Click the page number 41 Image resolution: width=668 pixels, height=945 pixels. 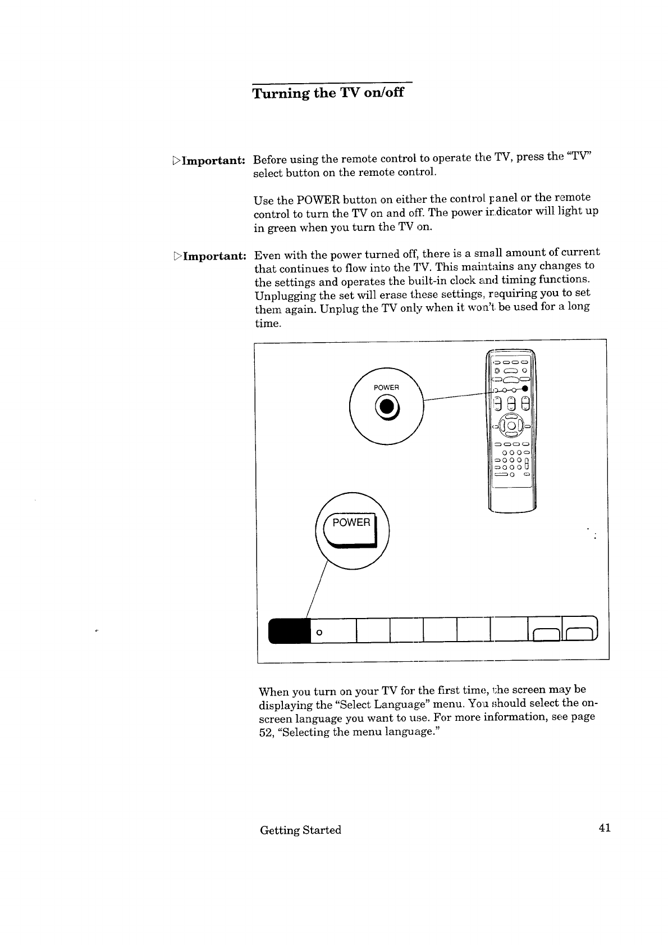tap(604, 829)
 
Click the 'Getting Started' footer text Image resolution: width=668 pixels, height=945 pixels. tap(300, 830)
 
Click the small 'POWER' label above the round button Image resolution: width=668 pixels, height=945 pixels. tap(386, 388)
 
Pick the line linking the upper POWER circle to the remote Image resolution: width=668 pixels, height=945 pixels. tap(457, 396)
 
